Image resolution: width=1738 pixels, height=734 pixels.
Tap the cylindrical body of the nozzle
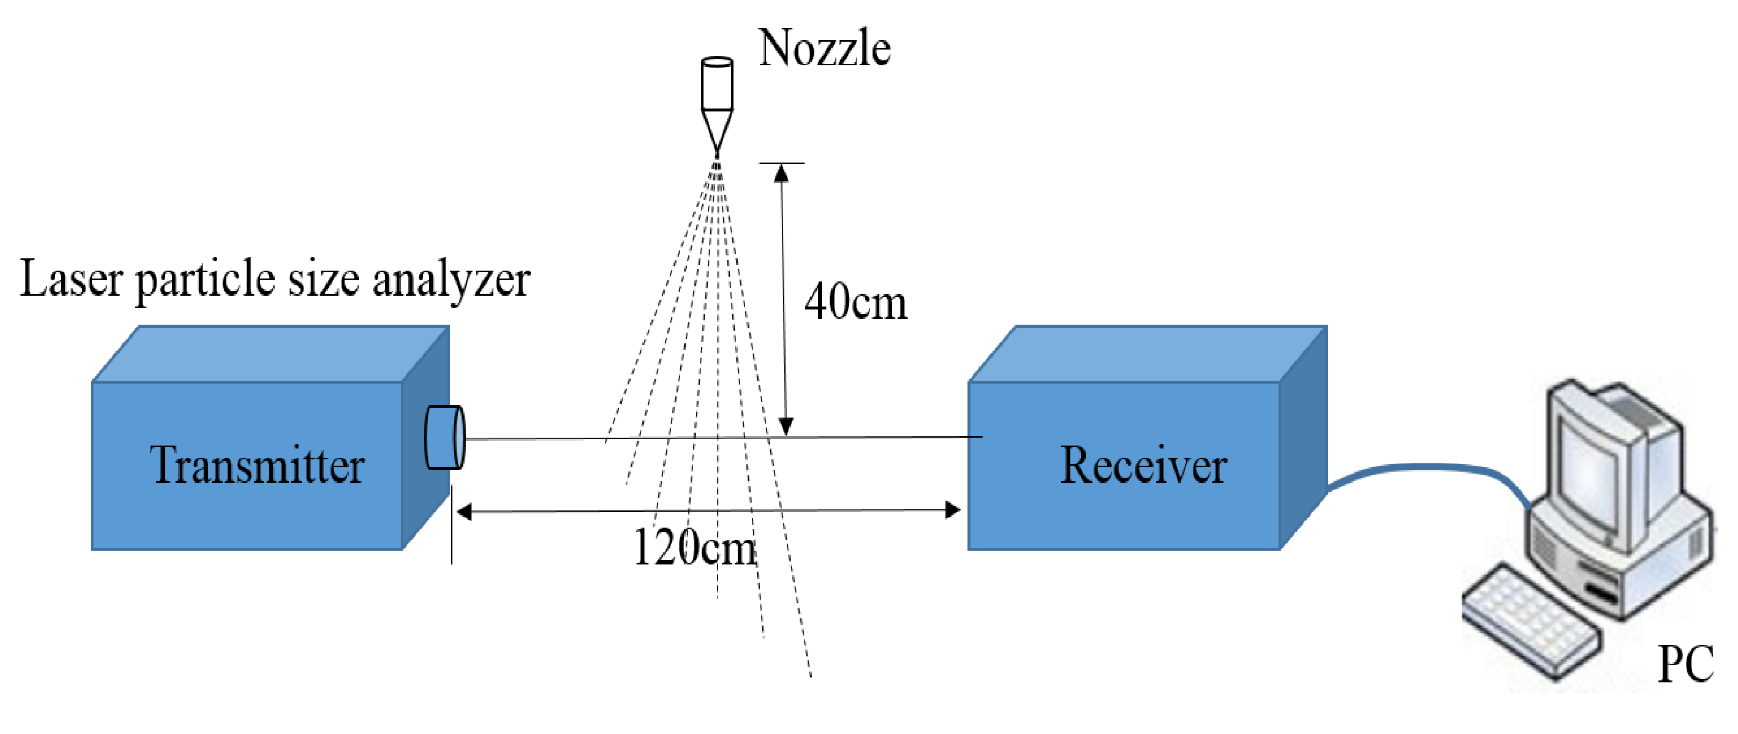click(717, 85)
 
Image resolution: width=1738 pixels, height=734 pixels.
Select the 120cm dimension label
click(695, 547)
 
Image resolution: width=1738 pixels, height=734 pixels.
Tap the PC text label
click(1686, 665)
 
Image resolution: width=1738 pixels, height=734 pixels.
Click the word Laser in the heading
click(71, 279)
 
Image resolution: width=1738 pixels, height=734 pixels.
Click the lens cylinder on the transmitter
click(444, 437)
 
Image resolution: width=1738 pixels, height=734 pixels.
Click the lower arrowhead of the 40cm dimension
click(785, 426)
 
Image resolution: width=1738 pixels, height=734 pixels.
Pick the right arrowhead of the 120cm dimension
click(953, 510)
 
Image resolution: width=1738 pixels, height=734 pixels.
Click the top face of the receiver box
click(1147, 354)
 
